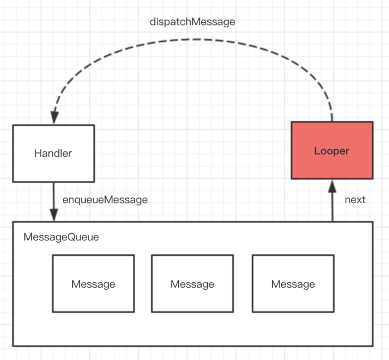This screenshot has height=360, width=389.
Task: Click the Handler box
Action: pyautogui.click(x=53, y=154)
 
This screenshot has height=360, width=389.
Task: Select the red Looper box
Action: pyautogui.click(x=332, y=150)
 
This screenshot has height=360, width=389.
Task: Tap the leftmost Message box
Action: pyautogui.click(x=93, y=283)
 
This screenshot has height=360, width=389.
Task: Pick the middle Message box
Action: pyautogui.click(x=192, y=283)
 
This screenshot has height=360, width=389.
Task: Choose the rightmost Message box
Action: pyautogui.click(x=293, y=283)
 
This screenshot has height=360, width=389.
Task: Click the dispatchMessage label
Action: pyautogui.click(x=192, y=22)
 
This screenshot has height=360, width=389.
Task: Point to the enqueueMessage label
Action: pyautogui.click(x=105, y=200)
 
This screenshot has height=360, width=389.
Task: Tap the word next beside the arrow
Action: pyautogui.click(x=355, y=200)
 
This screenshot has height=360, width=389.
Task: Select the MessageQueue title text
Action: pyautogui.click(x=61, y=237)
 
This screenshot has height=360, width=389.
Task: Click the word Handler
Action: pyautogui.click(x=53, y=153)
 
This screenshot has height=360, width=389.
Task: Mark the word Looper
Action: pyautogui.click(x=332, y=151)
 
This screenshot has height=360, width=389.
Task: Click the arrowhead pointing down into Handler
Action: pyautogui.click(x=54, y=117)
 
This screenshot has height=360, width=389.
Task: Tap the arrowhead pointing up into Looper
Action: pyautogui.click(x=332, y=186)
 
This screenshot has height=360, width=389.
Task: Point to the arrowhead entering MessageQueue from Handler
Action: pyautogui.click(x=54, y=215)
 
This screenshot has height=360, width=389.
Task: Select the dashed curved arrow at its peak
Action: pyautogui.click(x=196, y=40)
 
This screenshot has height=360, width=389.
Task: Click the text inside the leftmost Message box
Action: pyautogui.click(x=93, y=284)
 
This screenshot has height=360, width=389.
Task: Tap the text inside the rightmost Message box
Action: pyautogui.click(x=293, y=284)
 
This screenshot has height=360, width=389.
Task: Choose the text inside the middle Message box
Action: pyautogui.click(x=192, y=284)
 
